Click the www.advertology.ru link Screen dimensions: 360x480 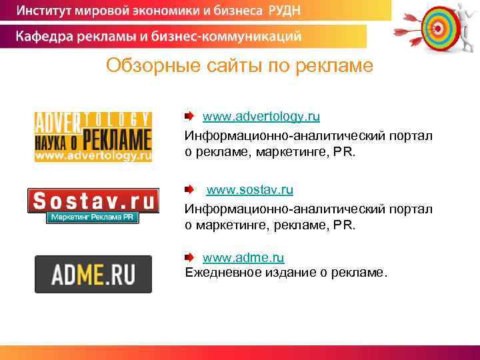coord(261,117)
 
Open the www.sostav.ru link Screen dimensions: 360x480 coord(249,190)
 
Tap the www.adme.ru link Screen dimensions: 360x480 coord(243,257)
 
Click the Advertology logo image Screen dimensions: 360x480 coord(93,137)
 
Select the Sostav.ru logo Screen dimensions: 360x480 coord(93,201)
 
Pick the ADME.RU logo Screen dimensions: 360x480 coord(93,274)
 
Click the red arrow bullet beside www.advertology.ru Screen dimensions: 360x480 coord(190,117)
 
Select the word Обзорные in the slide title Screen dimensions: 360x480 coord(147,67)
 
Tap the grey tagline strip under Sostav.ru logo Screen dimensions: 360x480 coord(93,218)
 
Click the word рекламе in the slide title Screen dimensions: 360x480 coord(340,67)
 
